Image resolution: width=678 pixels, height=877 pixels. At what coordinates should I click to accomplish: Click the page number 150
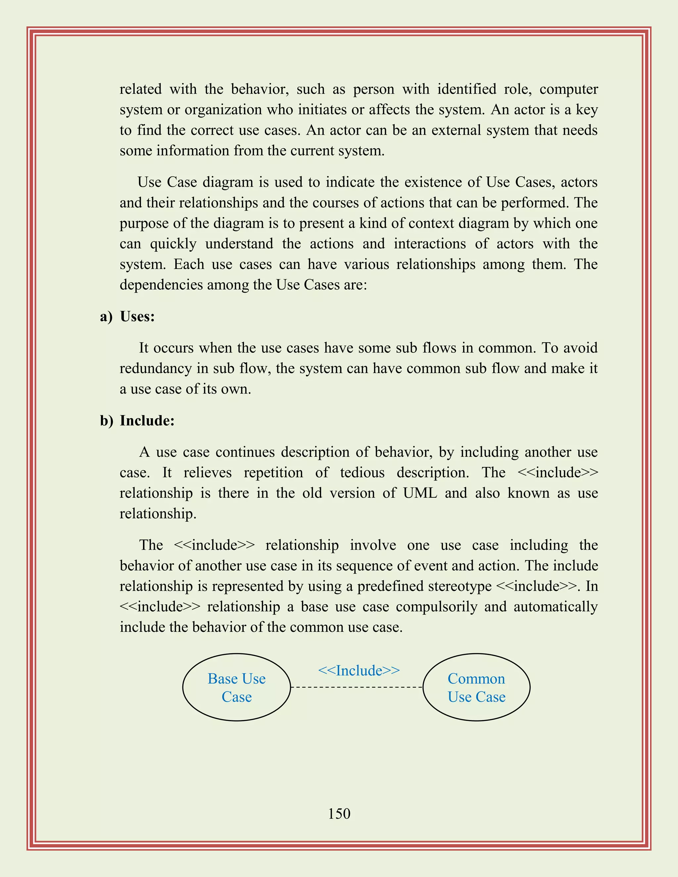click(339, 813)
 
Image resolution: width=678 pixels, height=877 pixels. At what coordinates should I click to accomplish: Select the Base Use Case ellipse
click(237, 687)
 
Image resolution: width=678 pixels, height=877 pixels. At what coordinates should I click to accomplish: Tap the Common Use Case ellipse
click(476, 687)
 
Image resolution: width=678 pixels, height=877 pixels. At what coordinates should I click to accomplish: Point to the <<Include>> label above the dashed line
click(359, 670)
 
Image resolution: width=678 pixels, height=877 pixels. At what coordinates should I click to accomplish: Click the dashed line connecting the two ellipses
click(357, 687)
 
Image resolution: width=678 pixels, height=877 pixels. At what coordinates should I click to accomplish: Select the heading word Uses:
click(137, 316)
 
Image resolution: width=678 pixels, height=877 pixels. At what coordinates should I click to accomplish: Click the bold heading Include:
click(147, 420)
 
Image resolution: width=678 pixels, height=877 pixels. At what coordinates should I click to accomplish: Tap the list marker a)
click(106, 316)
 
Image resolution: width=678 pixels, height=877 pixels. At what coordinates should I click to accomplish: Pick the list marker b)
click(107, 420)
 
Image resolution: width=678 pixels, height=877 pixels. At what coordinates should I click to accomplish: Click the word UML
click(420, 493)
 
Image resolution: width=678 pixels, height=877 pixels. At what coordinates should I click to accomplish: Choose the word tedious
click(362, 472)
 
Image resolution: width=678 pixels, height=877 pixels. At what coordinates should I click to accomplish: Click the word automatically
click(556, 606)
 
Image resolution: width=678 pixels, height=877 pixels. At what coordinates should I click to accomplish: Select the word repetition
click(273, 472)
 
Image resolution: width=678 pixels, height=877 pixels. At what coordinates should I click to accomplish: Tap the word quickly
click(173, 244)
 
